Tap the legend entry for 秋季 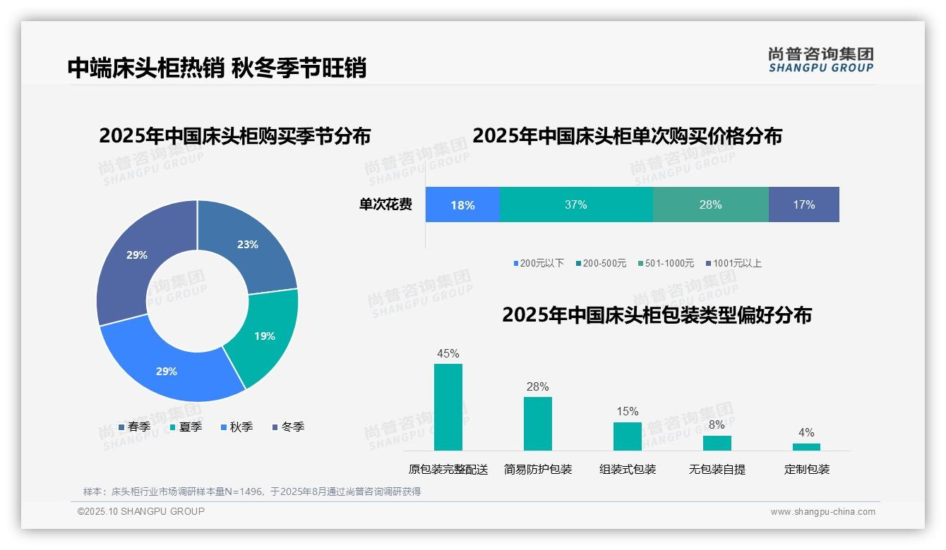237,427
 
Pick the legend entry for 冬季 288,427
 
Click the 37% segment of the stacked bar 576,205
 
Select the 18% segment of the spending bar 462,205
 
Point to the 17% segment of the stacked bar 803,205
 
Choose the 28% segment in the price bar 710,205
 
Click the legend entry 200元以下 539,264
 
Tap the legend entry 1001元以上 734,264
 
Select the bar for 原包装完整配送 448,407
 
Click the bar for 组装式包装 628,436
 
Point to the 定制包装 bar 806,446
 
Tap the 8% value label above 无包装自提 717,425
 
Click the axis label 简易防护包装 538,470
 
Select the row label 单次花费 385,205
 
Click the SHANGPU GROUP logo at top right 821,60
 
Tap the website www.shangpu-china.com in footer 822,512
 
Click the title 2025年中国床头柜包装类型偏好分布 657,315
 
